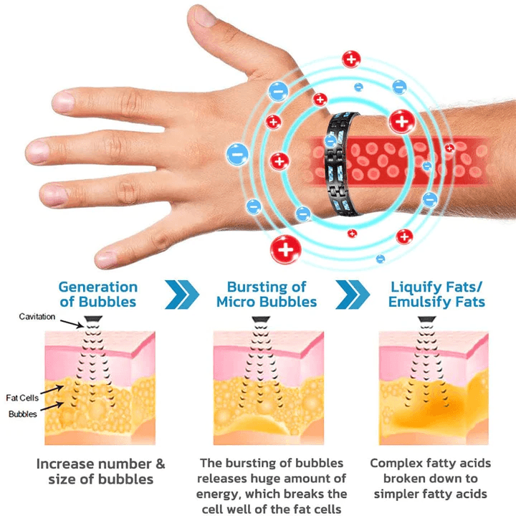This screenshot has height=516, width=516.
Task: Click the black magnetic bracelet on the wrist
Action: click(342, 164)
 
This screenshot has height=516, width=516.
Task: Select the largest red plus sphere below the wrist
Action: click(286, 249)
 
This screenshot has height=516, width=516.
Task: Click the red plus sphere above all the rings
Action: click(351, 59)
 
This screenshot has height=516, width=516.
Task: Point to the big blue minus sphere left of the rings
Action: click(237, 154)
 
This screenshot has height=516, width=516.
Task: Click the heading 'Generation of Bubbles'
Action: click(98, 295)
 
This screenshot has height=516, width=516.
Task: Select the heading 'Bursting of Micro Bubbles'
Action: click(267, 295)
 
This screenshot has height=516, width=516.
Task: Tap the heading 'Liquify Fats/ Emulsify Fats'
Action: click(436, 295)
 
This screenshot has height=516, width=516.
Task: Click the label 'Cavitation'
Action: click(37, 317)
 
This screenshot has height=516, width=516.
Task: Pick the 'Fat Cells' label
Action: click(22, 398)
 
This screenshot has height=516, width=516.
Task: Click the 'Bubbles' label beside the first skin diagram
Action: click(23, 414)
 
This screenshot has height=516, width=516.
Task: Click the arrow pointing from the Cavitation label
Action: click(72, 324)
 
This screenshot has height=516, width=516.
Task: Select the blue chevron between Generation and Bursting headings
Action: click(182, 295)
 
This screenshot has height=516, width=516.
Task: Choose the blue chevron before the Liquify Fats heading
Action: click(353, 295)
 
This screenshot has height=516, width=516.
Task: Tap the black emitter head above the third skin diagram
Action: click(427, 319)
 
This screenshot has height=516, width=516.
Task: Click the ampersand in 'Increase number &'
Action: click(161, 464)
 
